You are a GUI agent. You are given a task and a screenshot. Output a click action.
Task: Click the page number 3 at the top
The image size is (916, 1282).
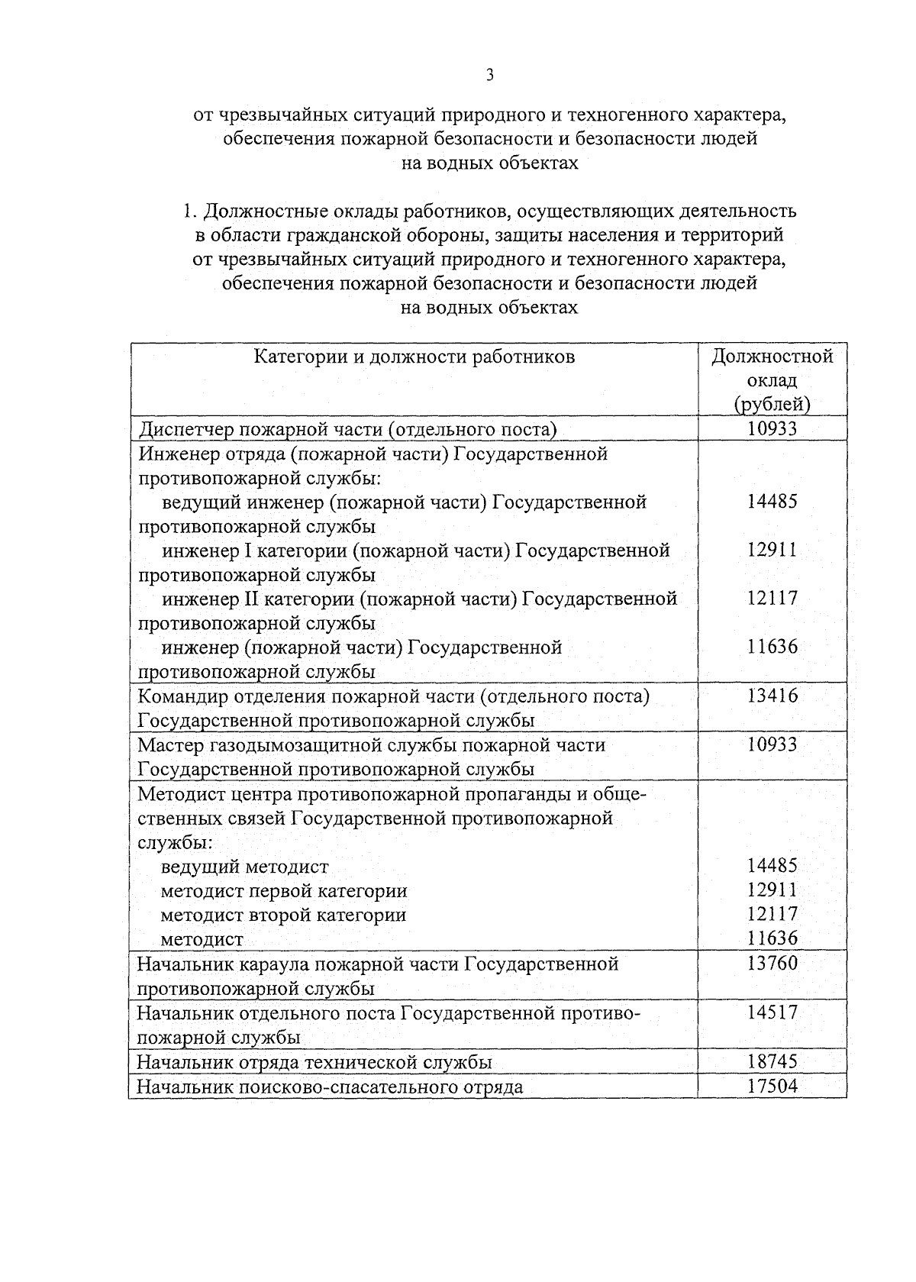490,75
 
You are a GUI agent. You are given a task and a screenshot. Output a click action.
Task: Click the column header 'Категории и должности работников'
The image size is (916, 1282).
414,357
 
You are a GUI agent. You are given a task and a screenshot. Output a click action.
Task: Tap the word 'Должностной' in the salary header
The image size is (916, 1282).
772,357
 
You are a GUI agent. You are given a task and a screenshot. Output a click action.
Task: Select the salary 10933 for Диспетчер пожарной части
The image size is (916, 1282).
772,428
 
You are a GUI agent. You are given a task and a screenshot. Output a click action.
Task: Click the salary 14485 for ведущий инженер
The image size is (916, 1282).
772,502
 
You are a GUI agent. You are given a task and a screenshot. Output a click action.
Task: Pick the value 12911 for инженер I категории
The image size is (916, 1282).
772,550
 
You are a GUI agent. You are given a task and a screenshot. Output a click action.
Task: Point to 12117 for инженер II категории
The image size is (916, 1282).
772,598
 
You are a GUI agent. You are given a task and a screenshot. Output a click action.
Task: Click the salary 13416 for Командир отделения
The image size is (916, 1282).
772,696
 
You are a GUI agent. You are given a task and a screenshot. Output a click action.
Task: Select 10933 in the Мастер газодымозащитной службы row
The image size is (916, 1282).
772,744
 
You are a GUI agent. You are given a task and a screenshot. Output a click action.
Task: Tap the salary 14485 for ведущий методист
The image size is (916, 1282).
772,866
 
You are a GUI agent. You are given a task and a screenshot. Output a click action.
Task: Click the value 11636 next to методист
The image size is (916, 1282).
772,938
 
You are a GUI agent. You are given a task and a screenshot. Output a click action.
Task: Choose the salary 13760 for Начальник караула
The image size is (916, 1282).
772,964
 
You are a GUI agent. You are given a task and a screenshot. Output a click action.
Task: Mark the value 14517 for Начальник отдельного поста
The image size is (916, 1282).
772,1012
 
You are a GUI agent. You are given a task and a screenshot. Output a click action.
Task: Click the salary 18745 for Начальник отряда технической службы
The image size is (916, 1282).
772,1061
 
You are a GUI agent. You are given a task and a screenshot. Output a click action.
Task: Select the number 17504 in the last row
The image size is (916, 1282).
772,1086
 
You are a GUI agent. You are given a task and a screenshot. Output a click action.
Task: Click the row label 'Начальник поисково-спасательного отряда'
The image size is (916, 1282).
330,1087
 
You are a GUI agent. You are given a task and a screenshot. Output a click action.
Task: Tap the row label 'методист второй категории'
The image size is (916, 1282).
283,915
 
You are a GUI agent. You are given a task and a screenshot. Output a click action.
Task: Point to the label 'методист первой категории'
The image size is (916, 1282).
284,891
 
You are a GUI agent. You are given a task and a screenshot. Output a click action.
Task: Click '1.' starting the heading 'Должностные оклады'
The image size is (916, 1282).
189,210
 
